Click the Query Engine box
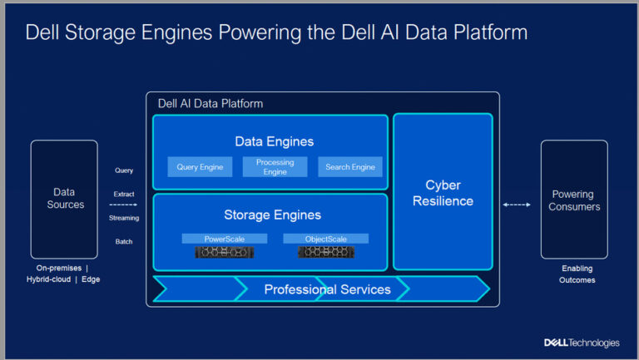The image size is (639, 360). coord(200,167)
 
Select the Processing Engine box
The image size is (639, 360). coord(275,167)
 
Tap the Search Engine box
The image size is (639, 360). coord(350,167)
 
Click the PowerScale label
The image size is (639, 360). coord(225,239)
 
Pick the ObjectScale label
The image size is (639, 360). coord(325,239)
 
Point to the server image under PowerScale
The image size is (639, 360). coord(225,251)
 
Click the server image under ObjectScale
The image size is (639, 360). coord(325,251)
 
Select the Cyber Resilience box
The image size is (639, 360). coord(443,192)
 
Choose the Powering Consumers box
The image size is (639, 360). coord(574,200)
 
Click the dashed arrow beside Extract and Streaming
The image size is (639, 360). coord(122,205)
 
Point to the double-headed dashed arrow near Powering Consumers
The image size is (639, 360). coord(517,205)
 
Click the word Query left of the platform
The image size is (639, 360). coord(124,170)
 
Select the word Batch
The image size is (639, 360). coord(124,242)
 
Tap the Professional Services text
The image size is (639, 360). coord(327,289)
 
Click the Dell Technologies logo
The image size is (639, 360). coord(582,343)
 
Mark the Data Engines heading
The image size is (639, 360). coord(274,141)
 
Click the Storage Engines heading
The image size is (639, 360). coord(272,215)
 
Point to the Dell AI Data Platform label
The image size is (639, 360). coord(211,104)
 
